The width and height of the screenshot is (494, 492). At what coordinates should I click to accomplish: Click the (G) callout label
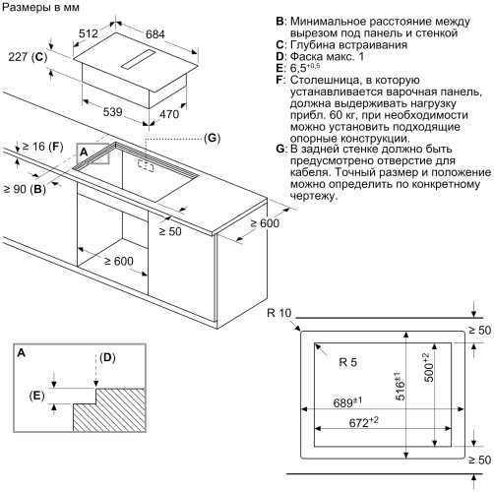(212, 139)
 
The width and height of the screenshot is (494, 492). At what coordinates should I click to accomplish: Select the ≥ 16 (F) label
(40, 147)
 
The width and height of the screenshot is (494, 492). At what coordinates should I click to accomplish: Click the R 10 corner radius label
(280, 313)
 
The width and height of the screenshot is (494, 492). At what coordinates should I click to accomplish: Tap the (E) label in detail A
(37, 397)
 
